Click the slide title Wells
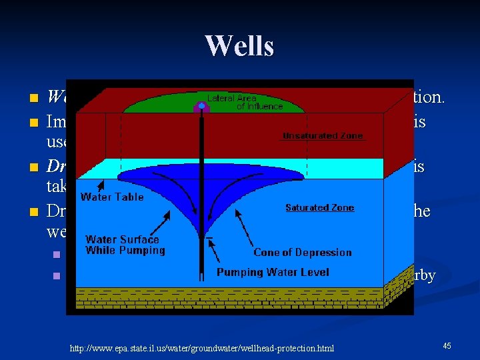239,46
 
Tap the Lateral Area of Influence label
245,102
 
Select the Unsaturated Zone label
323,136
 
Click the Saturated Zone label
319,208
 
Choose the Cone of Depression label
302,253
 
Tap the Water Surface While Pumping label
125,245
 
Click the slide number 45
447,345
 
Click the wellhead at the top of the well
201,106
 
